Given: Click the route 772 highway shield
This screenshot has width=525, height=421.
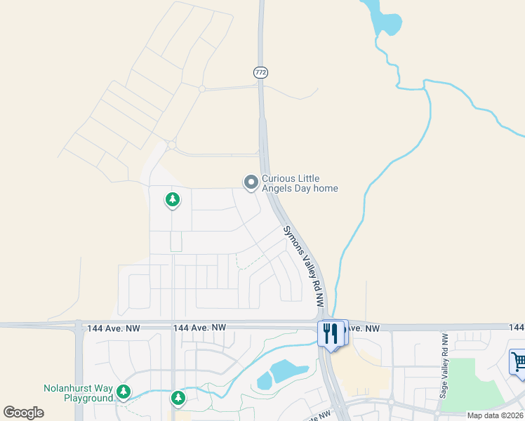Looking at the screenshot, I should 260,72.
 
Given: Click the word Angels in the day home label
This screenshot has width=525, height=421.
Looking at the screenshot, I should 277,188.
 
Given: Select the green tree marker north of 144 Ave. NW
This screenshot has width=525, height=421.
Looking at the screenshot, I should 172,200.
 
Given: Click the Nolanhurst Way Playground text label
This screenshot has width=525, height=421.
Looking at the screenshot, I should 78,393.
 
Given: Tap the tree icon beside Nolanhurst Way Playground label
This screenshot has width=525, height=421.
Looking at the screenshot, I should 124,391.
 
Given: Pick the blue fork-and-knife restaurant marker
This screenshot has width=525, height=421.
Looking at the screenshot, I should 332,332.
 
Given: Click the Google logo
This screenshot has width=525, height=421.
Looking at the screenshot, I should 23,413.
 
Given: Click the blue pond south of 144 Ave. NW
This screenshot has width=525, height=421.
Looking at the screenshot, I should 281,373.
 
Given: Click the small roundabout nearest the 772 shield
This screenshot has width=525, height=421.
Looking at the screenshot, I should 202,89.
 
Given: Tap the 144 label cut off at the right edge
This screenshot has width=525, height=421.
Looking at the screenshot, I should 517,328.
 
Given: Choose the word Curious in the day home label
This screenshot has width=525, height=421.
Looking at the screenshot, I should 278,179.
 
